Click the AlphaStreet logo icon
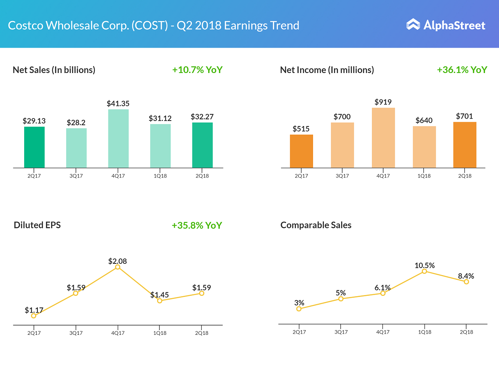point(413,25)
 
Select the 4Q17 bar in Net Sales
point(119,139)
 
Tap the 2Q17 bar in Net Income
point(301,151)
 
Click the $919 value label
point(383,102)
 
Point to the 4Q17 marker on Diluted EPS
point(118,267)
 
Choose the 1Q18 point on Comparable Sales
point(425,271)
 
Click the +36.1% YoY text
point(462,70)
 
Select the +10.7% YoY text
point(197,70)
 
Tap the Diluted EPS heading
point(37,225)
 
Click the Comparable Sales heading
point(316,225)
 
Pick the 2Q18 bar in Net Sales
point(202,145)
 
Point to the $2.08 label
point(118,261)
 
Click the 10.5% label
point(425,265)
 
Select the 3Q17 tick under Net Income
point(342,176)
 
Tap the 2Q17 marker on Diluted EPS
point(34,316)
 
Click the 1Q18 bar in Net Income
point(424,147)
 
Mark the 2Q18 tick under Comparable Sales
point(466,332)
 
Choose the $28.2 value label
point(76,123)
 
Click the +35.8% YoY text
point(197,226)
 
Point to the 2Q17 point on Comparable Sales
point(299,309)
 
